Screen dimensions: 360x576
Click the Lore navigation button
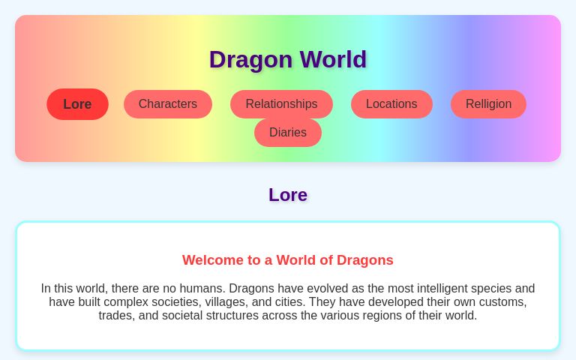point(77,104)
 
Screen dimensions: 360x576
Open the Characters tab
point(167,104)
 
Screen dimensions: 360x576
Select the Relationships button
point(281,104)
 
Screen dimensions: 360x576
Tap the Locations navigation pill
point(391,104)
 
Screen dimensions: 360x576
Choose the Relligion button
point(488,104)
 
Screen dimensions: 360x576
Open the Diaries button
point(288,133)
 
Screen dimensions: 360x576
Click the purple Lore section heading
point(288,195)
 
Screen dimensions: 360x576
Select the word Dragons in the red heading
point(365,260)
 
